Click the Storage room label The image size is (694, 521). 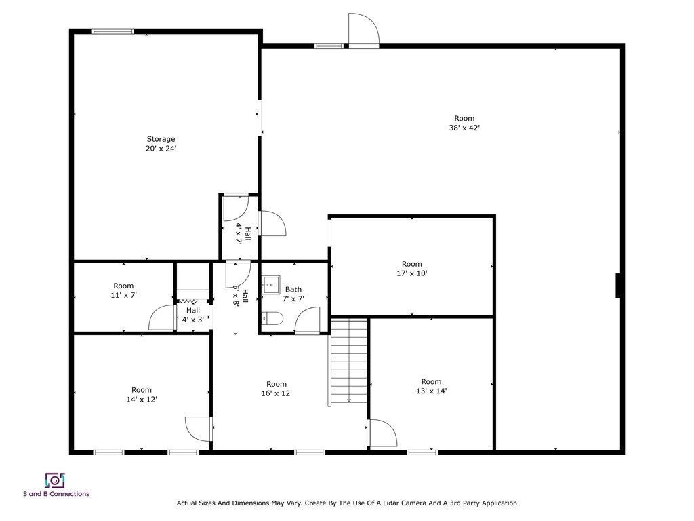(161, 139)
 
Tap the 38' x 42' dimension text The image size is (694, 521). (464, 128)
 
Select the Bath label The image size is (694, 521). (293, 289)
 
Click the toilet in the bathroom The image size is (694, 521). (271, 319)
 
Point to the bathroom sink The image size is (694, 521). (271, 284)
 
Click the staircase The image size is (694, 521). (349, 361)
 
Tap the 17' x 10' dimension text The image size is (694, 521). (411, 273)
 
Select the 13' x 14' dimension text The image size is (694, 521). (431, 391)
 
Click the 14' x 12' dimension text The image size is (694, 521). (142, 399)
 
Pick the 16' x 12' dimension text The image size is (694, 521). (277, 393)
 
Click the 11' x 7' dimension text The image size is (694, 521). (123, 295)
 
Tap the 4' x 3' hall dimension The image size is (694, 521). (192, 320)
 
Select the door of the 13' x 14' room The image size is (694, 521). (382, 433)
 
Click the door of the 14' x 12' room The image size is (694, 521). (199, 429)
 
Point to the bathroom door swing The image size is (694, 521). (307, 320)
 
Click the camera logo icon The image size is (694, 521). (55, 480)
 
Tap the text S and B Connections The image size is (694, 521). (56, 494)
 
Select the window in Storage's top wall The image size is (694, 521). (113, 31)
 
